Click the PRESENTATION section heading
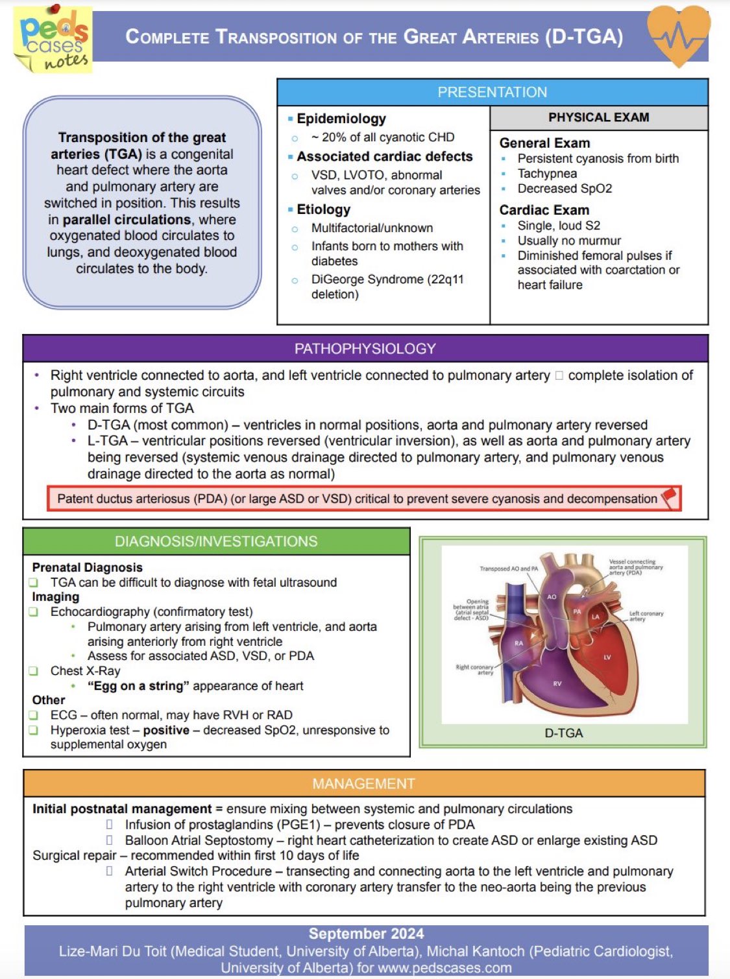[x=492, y=92]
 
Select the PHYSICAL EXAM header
[x=598, y=117]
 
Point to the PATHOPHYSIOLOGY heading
[x=365, y=349]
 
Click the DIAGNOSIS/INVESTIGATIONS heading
[x=216, y=541]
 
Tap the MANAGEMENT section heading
[x=363, y=784]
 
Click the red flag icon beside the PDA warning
[x=668, y=498]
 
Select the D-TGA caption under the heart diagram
[x=563, y=733]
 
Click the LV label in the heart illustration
[x=607, y=657]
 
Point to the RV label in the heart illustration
[x=557, y=683]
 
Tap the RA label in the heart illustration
[x=518, y=643]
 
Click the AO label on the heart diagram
[x=552, y=596]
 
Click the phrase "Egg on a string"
[x=138, y=686]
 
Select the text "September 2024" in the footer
[x=366, y=934]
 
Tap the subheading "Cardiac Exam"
[x=544, y=210]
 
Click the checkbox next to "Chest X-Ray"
[x=34, y=671]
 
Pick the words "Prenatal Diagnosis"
[x=87, y=567]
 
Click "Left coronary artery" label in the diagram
[x=646, y=616]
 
